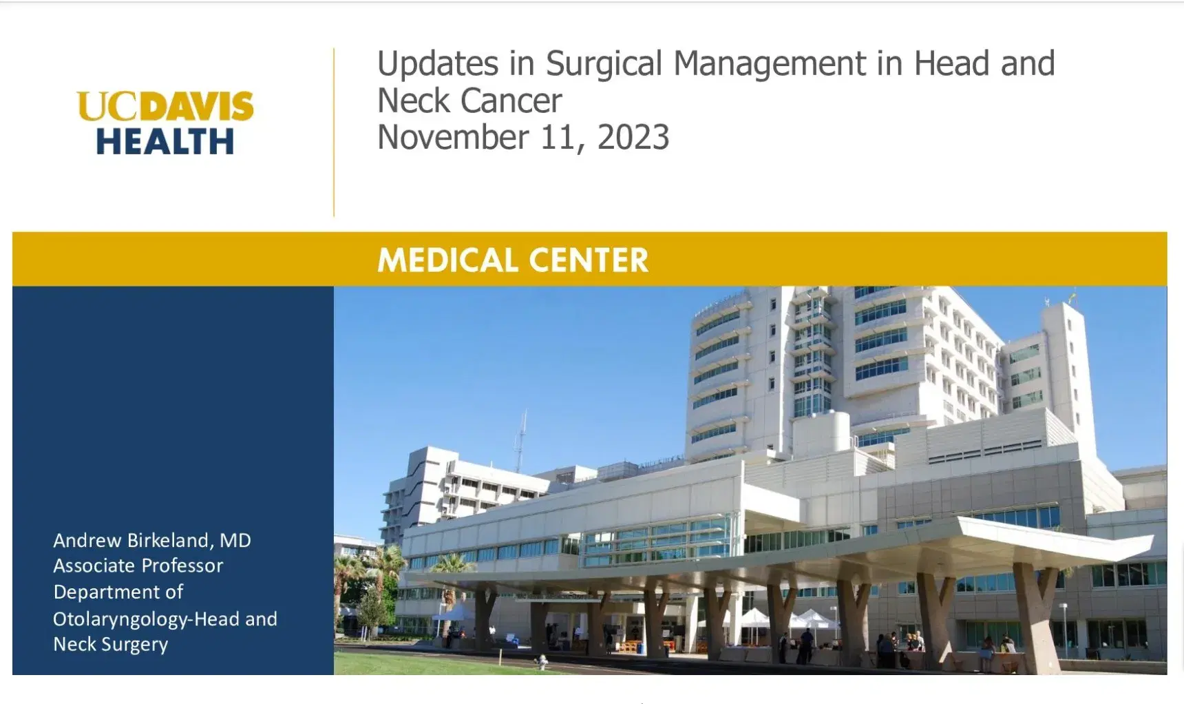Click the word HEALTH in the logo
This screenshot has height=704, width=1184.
coord(165,141)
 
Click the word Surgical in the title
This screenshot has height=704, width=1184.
coord(605,64)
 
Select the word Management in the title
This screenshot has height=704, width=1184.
coord(770,64)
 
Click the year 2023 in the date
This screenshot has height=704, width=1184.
coord(633,137)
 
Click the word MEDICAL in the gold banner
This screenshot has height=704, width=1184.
coord(447,260)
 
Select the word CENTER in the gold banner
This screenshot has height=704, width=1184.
coord(589,260)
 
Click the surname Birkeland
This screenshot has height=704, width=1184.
coord(169,540)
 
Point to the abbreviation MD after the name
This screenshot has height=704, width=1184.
coord(235,540)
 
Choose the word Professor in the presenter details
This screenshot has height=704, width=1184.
coord(182,566)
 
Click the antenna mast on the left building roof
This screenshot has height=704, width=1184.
coord(521,441)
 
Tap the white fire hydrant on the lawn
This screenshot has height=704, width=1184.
coord(542,662)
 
